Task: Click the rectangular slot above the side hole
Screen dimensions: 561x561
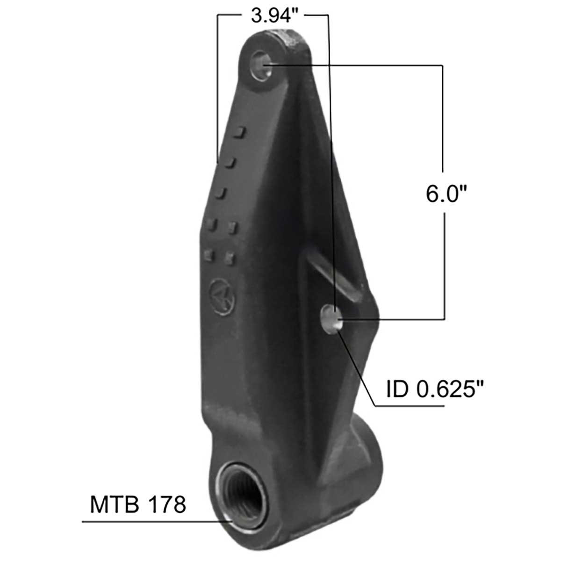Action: tap(334, 276)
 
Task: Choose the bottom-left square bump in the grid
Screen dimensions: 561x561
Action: tap(210, 255)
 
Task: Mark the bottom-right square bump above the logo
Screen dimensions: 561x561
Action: tap(230, 257)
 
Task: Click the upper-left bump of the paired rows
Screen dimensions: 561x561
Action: tap(212, 225)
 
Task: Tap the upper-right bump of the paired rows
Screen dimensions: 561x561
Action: tap(232, 227)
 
